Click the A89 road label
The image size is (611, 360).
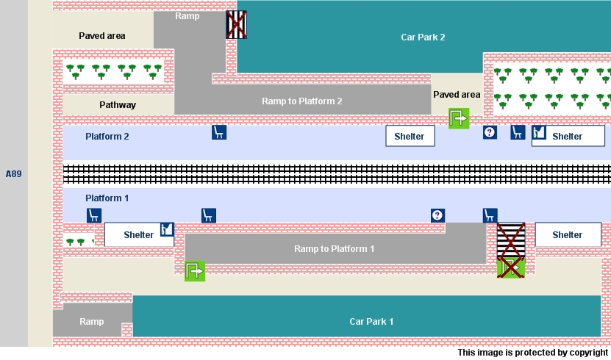(13, 174)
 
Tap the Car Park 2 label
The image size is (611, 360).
(423, 37)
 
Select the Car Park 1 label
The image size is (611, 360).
(371, 321)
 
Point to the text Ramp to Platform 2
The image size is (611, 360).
(301, 101)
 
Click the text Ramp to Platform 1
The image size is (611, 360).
(334, 249)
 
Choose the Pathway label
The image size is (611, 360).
(118, 105)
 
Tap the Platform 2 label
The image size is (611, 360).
(107, 137)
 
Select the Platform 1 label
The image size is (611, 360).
(107, 198)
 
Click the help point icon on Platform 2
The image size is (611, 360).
(490, 132)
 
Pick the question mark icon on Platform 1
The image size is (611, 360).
(437, 215)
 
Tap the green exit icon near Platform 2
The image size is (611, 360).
(459, 118)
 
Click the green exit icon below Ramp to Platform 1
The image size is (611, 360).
(195, 271)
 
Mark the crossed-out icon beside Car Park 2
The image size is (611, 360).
(236, 24)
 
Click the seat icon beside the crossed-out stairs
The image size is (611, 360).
(490, 215)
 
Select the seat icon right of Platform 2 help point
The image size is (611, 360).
(518, 132)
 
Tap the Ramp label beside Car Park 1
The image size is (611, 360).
(92, 322)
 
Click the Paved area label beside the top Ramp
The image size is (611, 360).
(101, 36)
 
